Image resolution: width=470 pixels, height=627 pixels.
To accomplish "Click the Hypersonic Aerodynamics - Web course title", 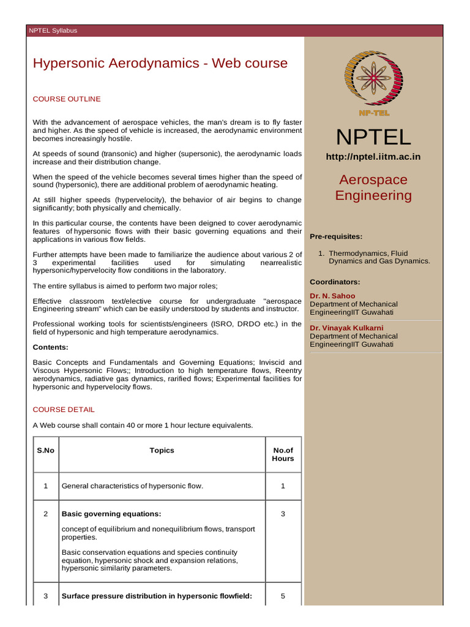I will tap(160, 64).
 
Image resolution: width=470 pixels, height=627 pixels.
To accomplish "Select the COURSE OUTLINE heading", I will tap(67, 99).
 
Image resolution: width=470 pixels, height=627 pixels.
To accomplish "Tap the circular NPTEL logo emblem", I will tap(373, 78).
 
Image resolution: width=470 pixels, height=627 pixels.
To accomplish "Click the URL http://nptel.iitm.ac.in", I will tap(373, 157).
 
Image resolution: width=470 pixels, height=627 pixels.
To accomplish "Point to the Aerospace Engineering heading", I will tap(373, 187).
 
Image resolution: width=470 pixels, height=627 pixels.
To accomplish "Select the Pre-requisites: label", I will tap(336, 236).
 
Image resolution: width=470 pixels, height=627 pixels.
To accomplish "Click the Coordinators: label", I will tap(335, 282).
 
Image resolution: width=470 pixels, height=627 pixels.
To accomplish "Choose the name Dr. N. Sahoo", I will tap(332, 296).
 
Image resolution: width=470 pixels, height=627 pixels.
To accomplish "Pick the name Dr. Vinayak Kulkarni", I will tap(346, 328).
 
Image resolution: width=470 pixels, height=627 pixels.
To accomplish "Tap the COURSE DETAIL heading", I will tap(64, 409).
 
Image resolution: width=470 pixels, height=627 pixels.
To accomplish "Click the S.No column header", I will tap(45, 450).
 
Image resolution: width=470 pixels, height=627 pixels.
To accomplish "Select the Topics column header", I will tap(162, 450).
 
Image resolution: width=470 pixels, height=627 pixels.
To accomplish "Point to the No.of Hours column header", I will tap(283, 454).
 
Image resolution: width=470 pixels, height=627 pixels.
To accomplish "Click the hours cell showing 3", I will tap(283, 514).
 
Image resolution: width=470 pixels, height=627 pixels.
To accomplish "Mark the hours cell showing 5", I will tap(283, 596).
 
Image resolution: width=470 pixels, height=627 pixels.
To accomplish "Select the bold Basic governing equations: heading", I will tap(111, 514).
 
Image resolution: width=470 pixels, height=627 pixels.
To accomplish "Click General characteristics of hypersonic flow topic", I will tap(132, 486).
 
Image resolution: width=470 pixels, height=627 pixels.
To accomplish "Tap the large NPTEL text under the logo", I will tap(373, 137).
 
